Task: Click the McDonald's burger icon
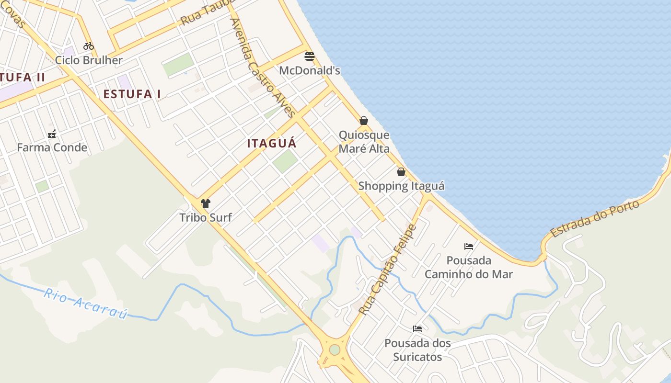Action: [x=310, y=56]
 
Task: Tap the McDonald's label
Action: [x=310, y=71]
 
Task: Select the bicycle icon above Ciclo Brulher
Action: [x=89, y=46]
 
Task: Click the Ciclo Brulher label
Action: [x=89, y=60]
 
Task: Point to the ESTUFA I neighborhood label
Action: [x=132, y=94]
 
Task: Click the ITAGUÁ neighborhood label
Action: [x=272, y=143]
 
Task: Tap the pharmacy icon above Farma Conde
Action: [x=52, y=134]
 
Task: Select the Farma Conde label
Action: [x=52, y=147]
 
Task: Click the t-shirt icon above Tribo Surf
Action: [x=206, y=203]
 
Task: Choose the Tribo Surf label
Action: [x=206, y=218]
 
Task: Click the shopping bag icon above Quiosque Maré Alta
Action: [x=364, y=121]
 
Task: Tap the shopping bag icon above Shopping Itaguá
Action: [x=401, y=172]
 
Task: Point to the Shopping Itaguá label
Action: [x=401, y=186]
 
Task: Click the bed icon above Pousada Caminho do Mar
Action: [x=469, y=247]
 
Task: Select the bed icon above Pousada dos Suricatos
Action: [x=417, y=329]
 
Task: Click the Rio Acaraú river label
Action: [x=86, y=304]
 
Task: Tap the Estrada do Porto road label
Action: [x=595, y=219]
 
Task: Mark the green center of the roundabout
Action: [x=335, y=350]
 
